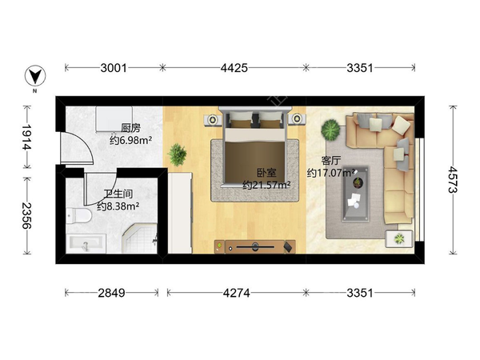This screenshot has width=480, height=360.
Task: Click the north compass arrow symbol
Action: (35, 76)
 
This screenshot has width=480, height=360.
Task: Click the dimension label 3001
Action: (114, 68)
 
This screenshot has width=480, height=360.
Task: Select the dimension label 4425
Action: (234, 68)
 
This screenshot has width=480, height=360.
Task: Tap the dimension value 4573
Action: (453, 180)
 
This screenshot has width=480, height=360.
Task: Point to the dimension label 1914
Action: (27, 137)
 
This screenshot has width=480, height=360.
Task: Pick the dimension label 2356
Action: (27, 216)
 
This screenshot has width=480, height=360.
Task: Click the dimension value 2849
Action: (111, 294)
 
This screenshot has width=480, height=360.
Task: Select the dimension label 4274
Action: (236, 294)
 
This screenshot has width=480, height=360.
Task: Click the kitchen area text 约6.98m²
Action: (131, 141)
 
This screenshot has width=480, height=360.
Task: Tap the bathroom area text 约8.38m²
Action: (118, 206)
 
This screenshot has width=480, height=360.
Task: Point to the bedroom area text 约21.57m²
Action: (266, 186)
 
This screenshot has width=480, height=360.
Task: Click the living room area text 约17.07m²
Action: (331, 173)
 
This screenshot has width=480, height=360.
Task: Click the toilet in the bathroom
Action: (78, 215)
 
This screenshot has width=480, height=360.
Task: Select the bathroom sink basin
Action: (86, 244)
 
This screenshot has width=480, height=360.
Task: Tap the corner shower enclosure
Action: (139, 238)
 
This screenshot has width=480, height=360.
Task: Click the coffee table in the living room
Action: (356, 194)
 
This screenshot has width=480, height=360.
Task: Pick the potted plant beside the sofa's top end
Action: (330, 130)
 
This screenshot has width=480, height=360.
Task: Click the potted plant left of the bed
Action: (177, 154)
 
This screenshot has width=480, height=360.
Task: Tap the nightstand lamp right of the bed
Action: (297, 118)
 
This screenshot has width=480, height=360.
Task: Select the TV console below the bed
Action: (255, 246)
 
